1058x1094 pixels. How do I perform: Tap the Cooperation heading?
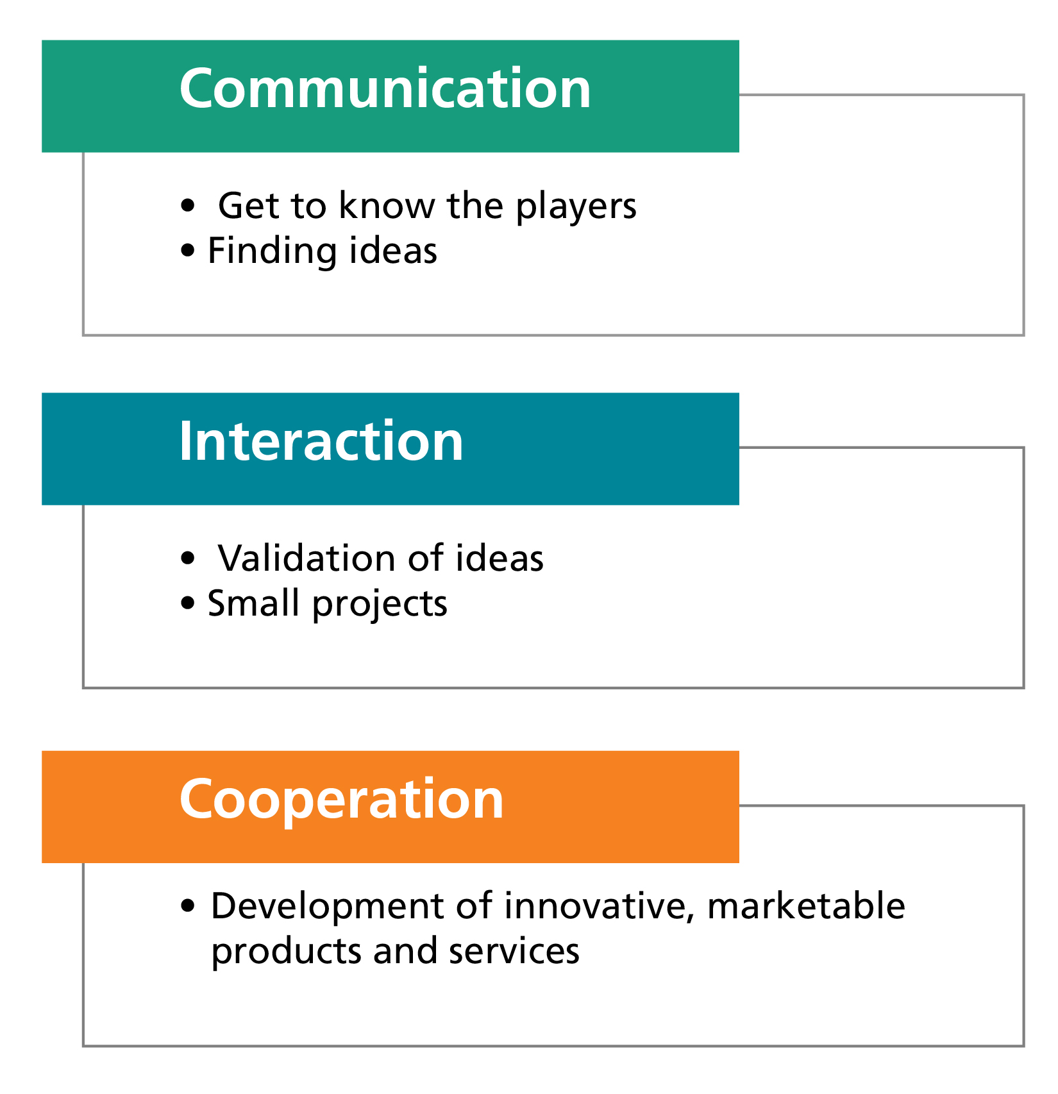click(342, 802)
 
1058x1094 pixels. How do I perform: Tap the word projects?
click(380, 605)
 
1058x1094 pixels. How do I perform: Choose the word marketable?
click(806, 905)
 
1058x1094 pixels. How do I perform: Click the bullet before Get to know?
click(187, 206)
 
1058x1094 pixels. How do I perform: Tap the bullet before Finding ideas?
click(187, 251)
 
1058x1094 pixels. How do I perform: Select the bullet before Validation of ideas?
click(187, 559)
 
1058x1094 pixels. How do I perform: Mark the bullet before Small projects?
click(187, 603)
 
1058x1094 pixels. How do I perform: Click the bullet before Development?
click(187, 906)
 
